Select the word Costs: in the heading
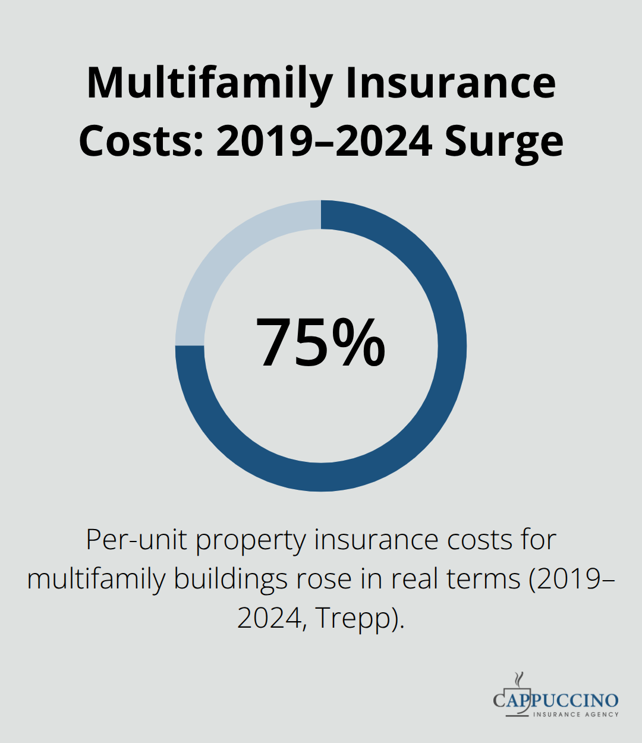[x=141, y=141]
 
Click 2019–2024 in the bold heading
[x=325, y=141]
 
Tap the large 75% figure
[x=321, y=344]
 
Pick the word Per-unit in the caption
[x=137, y=540]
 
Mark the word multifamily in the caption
[x=96, y=578]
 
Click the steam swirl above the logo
[x=519, y=679]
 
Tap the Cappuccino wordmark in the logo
[x=556, y=700]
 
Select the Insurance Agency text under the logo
[x=575, y=714]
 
